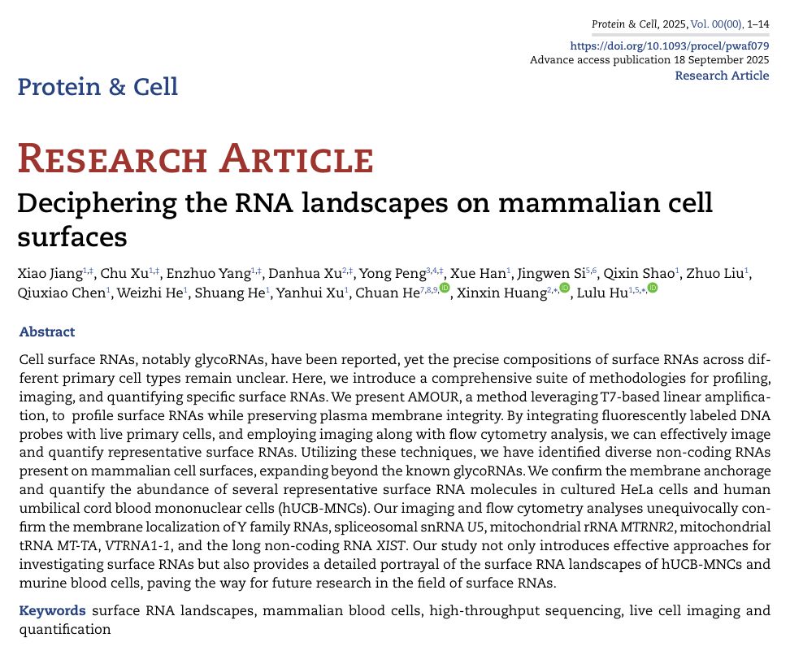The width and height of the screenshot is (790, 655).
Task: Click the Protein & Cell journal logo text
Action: click(98, 86)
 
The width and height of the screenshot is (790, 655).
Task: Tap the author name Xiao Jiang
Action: click(49, 273)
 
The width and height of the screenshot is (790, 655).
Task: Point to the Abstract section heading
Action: click(46, 332)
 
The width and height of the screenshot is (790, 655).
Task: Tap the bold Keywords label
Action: click(52, 610)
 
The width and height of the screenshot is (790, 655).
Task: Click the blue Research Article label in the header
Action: click(722, 76)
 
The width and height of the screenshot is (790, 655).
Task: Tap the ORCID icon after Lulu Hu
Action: click(652, 289)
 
